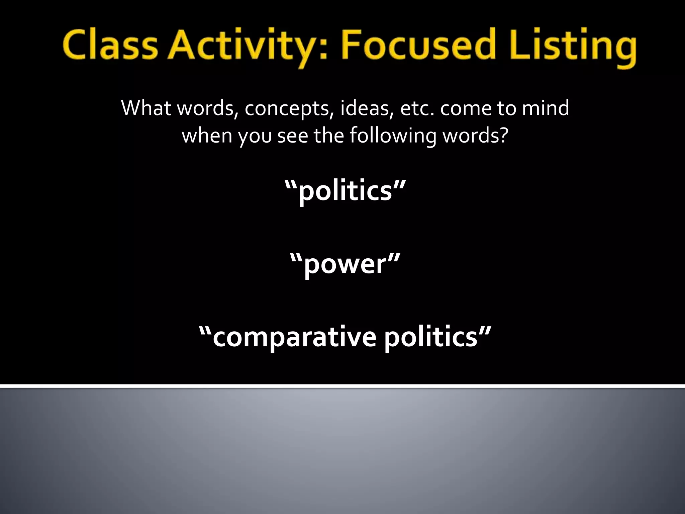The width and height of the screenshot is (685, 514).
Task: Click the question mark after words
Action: [504, 136]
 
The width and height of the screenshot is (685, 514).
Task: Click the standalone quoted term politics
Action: [345, 190]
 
